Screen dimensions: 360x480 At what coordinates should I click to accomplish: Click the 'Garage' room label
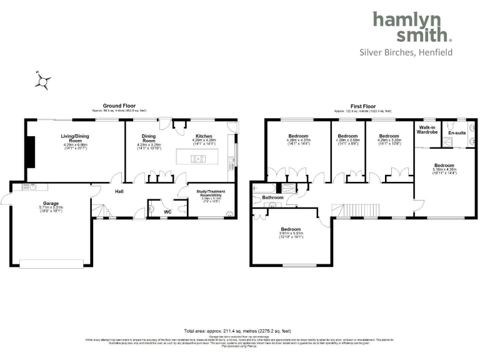(51, 203)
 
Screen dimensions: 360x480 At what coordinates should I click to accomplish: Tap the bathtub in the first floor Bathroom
(264, 188)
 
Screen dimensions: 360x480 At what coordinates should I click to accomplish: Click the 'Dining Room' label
(149, 139)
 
